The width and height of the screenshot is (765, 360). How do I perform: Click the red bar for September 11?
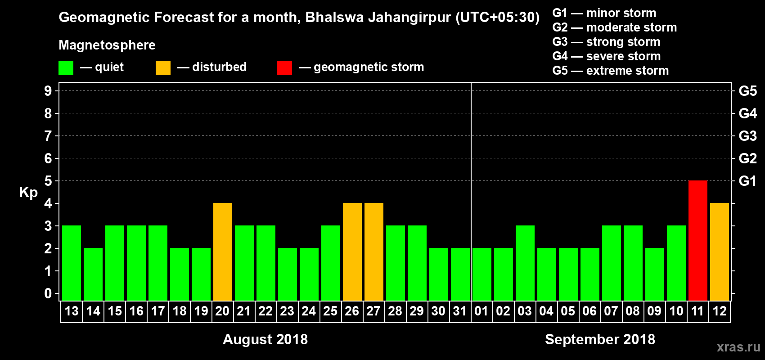697,240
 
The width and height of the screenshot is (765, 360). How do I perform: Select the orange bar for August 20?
222,252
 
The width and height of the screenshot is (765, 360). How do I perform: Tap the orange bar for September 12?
719,252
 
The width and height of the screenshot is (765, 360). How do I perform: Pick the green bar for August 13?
72,263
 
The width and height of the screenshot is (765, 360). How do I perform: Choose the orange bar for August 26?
352,252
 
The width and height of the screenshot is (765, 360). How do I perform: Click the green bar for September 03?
525,263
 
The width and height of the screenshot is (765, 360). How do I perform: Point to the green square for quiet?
66,67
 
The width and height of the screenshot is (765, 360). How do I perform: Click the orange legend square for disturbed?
163,67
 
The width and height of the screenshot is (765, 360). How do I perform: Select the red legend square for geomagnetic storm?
284,67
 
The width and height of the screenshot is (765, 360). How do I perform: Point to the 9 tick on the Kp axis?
48,91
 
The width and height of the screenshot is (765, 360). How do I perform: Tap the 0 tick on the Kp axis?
48,293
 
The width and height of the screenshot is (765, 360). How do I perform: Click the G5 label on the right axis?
747,91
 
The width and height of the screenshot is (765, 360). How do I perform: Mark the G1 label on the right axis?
747,181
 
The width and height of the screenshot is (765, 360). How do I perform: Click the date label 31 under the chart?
460,311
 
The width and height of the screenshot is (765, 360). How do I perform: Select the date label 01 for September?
481,311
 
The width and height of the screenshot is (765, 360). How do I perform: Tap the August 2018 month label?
265,339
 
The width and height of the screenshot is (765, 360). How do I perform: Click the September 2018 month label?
600,339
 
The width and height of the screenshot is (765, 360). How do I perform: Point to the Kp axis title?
28,193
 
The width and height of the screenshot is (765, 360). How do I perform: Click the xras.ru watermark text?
738,347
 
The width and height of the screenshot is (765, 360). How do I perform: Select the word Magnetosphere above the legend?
107,45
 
